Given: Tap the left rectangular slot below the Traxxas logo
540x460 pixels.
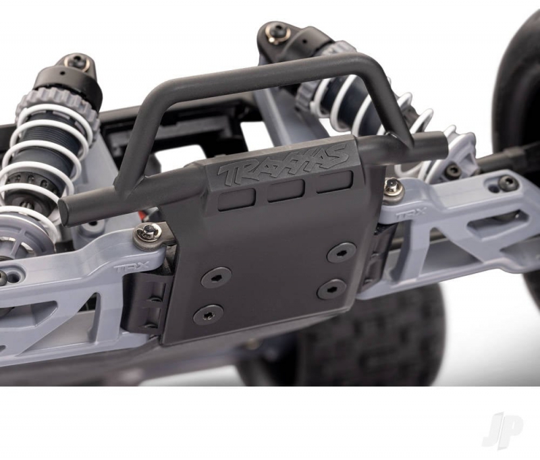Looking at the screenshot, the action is [237, 198].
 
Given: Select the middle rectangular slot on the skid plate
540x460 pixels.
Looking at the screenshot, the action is [286, 190].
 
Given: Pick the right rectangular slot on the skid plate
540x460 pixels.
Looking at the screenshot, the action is [335, 182].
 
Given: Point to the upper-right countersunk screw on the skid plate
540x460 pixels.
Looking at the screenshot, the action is [342, 253].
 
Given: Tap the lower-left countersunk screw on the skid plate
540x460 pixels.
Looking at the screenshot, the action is [209, 315].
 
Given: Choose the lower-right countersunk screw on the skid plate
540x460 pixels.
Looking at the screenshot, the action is [332, 289].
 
